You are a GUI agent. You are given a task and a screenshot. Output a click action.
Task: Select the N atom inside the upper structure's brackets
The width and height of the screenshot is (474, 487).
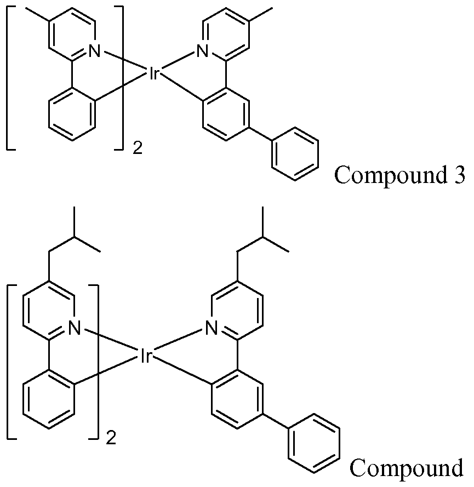(x=94, y=52)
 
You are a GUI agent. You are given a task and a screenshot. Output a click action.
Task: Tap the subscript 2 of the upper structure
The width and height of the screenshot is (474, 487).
(x=137, y=148)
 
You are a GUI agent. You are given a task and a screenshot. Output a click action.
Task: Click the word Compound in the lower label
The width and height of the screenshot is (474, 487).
(x=406, y=469)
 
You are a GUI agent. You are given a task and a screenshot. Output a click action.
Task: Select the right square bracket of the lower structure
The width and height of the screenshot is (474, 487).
(x=96, y=362)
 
